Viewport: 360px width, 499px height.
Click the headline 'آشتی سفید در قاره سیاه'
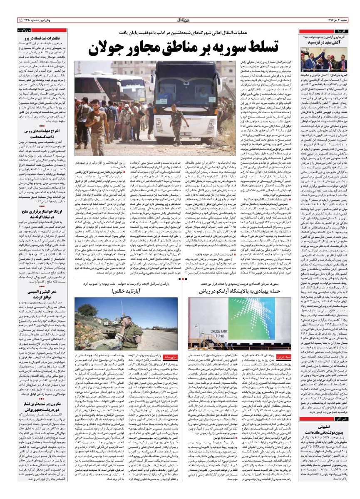pos(328,42)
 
